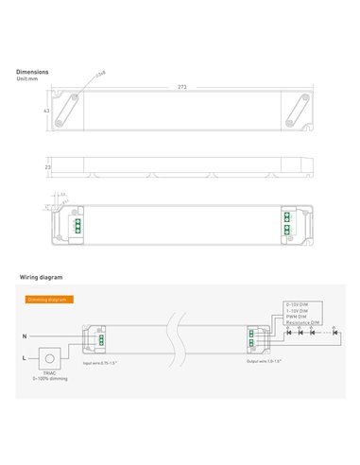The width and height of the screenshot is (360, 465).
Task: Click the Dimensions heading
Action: pos(33,71)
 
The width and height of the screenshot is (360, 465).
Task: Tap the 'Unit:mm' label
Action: pos(29,77)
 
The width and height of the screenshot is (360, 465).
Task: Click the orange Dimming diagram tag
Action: pos(45,298)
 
